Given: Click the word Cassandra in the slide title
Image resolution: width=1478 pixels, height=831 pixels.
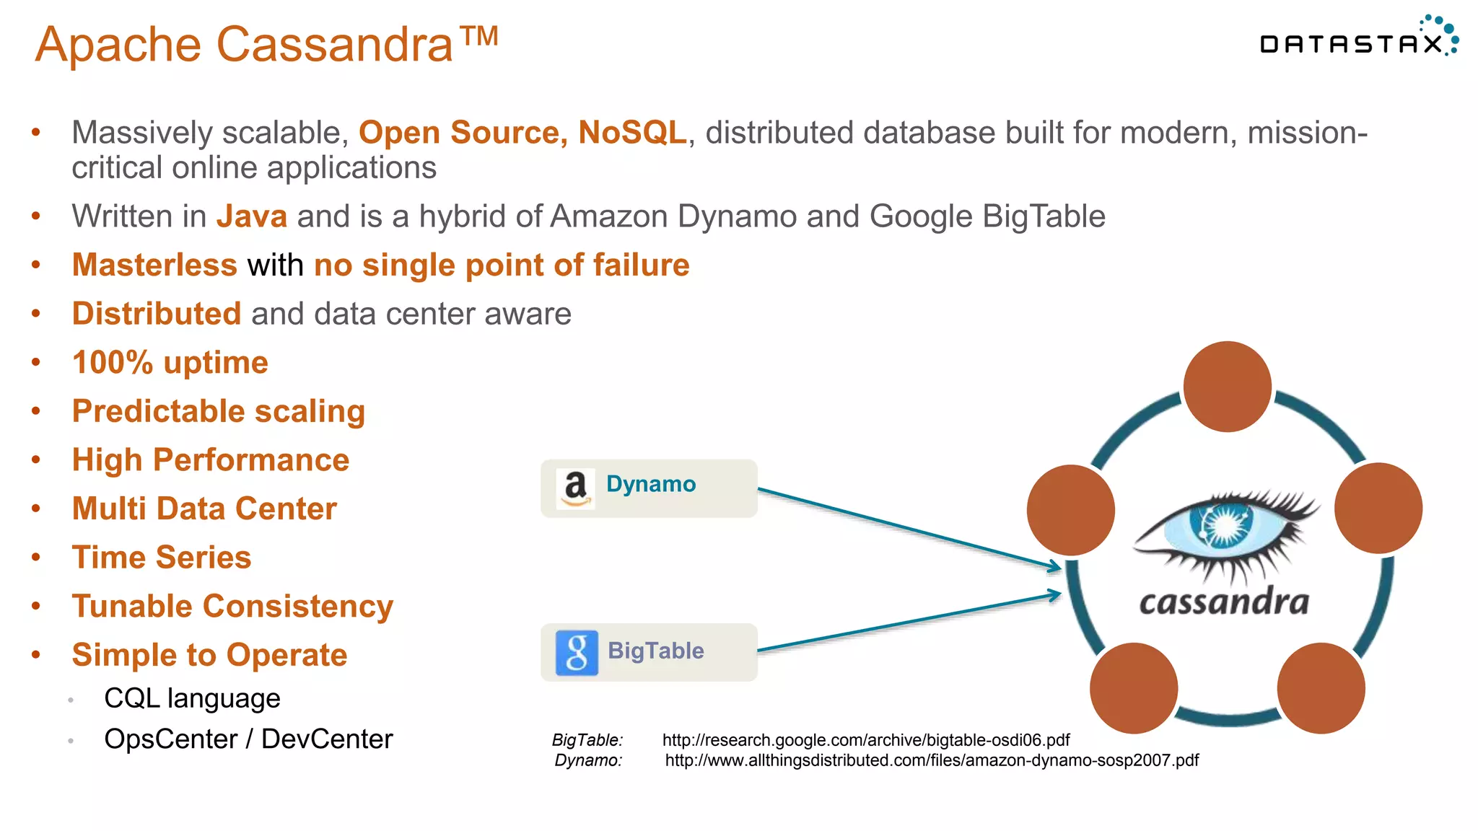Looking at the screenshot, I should (x=335, y=45).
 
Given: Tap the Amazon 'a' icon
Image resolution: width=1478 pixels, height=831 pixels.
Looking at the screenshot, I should (x=575, y=488).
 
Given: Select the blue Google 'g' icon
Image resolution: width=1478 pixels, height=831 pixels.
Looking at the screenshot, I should (x=577, y=652).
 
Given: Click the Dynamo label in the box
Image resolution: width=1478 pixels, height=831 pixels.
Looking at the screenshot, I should (x=651, y=484).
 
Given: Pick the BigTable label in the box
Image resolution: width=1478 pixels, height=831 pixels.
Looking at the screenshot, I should (x=655, y=651).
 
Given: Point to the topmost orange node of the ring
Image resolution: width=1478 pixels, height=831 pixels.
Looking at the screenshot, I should (x=1227, y=387).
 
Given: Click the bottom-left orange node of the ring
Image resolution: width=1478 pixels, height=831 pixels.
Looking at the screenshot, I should (x=1133, y=688).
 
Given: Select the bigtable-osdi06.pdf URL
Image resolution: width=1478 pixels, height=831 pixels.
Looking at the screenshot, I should (x=865, y=740).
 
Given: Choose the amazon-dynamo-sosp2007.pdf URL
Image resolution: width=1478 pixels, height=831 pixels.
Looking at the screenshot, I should (x=932, y=760).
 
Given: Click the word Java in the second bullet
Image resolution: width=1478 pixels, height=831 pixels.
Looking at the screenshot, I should (x=252, y=216).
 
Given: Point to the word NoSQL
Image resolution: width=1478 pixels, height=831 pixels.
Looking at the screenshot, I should (x=632, y=133).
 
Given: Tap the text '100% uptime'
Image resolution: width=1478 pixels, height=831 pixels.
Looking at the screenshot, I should (x=170, y=363).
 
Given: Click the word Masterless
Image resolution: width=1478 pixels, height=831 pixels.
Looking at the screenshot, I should (x=154, y=265).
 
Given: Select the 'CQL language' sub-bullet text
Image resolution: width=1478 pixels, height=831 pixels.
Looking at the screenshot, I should (x=192, y=698).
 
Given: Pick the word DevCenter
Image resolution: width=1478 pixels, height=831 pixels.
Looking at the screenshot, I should (x=327, y=739).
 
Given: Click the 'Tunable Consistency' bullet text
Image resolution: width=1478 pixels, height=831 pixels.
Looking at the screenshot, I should (x=232, y=607).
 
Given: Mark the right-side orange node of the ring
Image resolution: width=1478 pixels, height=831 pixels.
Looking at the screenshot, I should (x=1378, y=508).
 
